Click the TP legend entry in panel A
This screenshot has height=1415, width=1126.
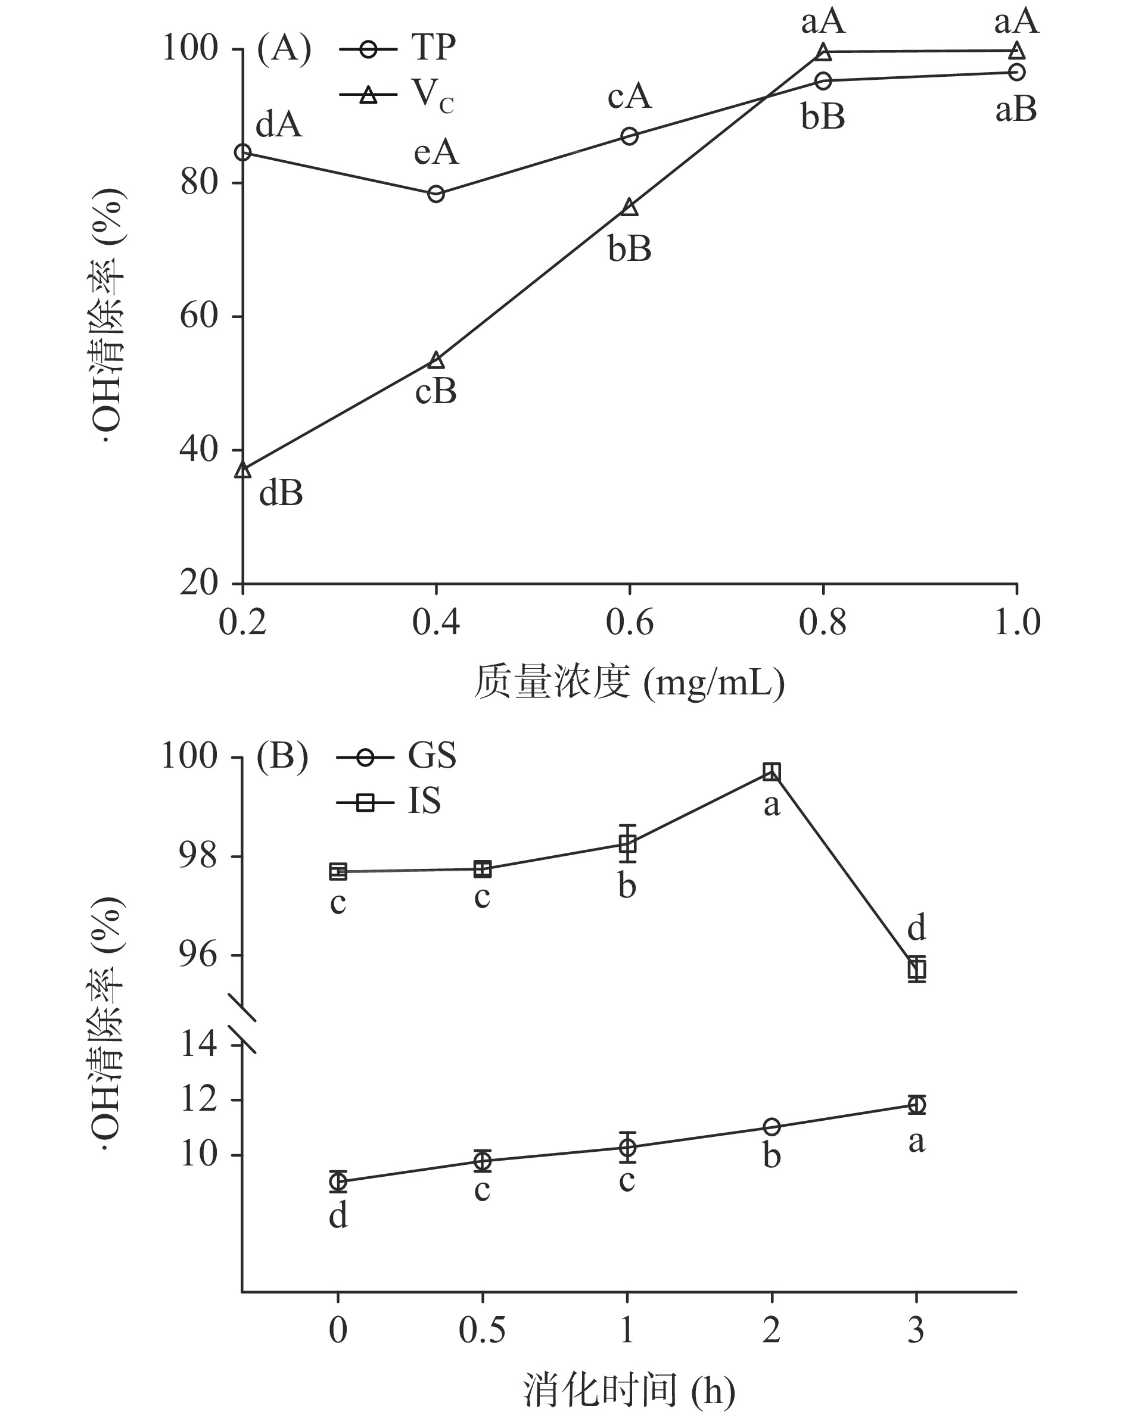(398, 49)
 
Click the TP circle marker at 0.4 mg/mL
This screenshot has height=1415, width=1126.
(436, 194)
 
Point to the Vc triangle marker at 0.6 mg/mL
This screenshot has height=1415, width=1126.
(629, 207)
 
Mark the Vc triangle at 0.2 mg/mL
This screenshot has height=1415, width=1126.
(244, 470)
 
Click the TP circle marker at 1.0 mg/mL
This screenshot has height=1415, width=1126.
(1016, 72)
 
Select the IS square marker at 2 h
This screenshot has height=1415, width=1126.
(772, 772)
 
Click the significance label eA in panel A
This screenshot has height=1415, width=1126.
(436, 153)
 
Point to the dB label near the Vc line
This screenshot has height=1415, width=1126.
(281, 494)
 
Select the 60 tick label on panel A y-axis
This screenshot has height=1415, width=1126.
(199, 316)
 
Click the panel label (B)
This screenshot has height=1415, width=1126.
(282, 757)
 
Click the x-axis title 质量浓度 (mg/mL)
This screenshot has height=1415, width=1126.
(629, 682)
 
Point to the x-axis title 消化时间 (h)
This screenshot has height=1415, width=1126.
(629, 1391)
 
